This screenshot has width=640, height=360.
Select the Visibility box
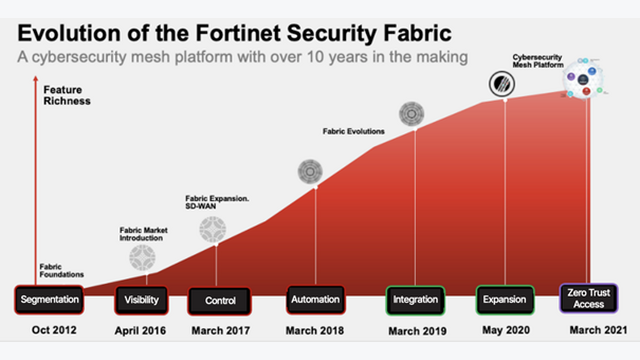point(142,298)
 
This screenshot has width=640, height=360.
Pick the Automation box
point(315,298)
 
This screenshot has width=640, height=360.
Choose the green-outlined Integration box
point(415,299)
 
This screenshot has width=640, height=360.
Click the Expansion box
point(505,299)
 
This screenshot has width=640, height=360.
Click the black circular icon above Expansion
point(503,83)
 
